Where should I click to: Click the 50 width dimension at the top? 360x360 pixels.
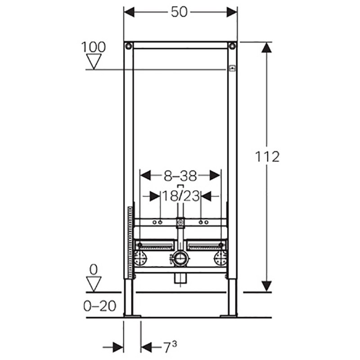[179, 12]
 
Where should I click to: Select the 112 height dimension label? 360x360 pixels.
[267, 157]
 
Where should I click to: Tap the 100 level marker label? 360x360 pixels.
[94, 47]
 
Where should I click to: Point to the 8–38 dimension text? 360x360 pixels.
[180, 176]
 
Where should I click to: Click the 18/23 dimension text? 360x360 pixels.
[181, 196]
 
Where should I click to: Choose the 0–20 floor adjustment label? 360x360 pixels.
[99, 306]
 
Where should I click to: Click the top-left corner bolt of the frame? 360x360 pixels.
[129, 46]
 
